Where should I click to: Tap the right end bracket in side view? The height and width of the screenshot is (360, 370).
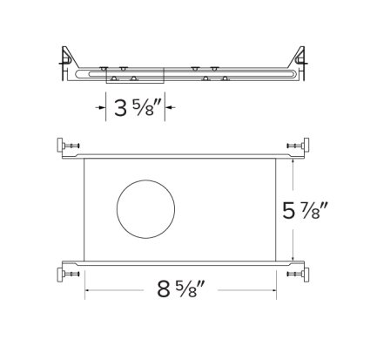click(297, 62)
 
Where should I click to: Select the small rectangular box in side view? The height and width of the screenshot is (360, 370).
click(135, 76)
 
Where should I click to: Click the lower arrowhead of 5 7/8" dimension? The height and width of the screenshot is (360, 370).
click(293, 259)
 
